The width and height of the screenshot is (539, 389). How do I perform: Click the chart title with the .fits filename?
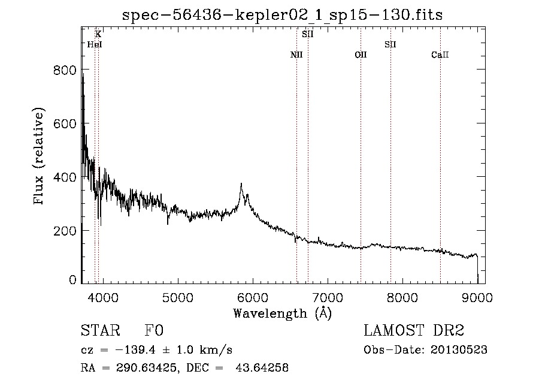pyautogui.click(x=283, y=15)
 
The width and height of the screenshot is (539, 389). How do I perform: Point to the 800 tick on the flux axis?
pyautogui.click(x=65, y=70)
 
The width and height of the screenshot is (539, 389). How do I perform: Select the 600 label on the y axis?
pyautogui.click(x=65, y=123)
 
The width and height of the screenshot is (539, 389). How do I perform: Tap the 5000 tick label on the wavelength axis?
pyautogui.click(x=178, y=297)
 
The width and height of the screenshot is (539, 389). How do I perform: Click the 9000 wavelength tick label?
pyautogui.click(x=477, y=297)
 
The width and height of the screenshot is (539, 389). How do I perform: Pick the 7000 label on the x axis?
pyautogui.click(x=328, y=297)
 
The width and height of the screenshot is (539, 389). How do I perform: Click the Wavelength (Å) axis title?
pyautogui.click(x=283, y=313)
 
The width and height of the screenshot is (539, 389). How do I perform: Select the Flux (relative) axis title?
pyautogui.click(x=38, y=156)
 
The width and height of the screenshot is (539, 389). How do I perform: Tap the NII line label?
pyautogui.click(x=296, y=55)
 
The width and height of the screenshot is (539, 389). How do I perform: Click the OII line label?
pyautogui.click(x=361, y=55)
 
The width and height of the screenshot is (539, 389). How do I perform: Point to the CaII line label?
pyautogui.click(x=440, y=55)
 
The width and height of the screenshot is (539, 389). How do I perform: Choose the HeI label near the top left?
pyautogui.click(x=95, y=44)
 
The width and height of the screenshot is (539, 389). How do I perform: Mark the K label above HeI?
pyautogui.click(x=98, y=34)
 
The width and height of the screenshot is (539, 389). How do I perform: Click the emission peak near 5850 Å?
pyautogui.click(x=241, y=185)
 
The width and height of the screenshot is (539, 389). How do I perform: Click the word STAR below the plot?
pyautogui.click(x=101, y=330)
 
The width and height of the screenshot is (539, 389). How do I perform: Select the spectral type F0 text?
pyautogui.click(x=154, y=330)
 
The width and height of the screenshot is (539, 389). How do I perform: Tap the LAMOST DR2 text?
pyautogui.click(x=414, y=330)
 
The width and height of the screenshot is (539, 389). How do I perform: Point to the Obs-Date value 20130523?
pyautogui.click(x=459, y=350)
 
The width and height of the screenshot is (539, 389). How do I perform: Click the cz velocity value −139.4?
pyautogui.click(x=135, y=350)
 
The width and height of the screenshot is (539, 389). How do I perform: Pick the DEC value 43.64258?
pyautogui.click(x=262, y=367)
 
